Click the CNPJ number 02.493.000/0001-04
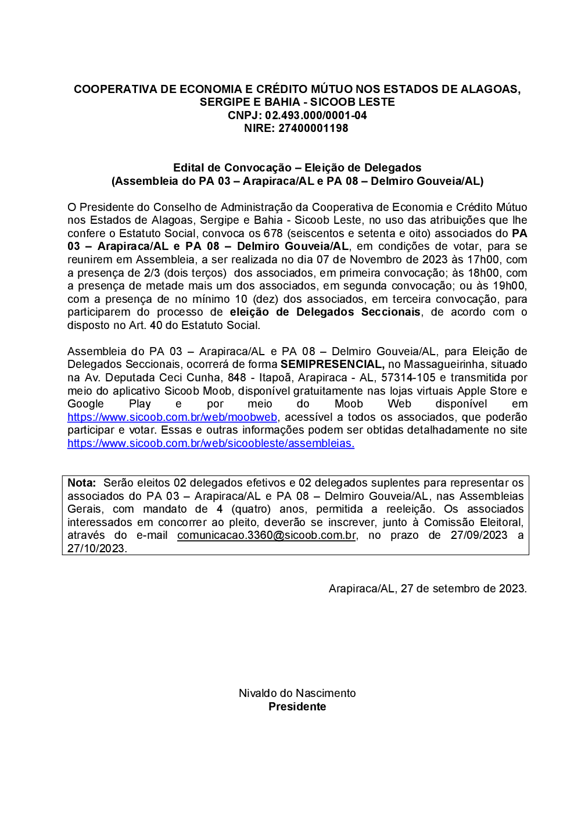tap(315, 115)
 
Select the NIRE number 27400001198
tap(313, 128)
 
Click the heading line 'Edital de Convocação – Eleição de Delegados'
tap(297, 168)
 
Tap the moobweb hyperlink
tap(172, 417)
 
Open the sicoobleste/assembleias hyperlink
tap(210, 444)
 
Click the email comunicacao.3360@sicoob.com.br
tap(267, 535)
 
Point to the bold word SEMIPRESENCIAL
tap(332, 364)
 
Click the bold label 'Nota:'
tap(81, 483)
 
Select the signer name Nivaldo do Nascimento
tap(297, 694)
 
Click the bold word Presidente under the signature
tap(297, 707)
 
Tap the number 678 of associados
tap(273, 234)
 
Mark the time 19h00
tap(509, 286)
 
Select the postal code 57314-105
tap(408, 378)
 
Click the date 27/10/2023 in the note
tap(96, 549)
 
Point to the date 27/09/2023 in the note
tap(479, 535)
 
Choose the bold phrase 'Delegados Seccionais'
tap(358, 312)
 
